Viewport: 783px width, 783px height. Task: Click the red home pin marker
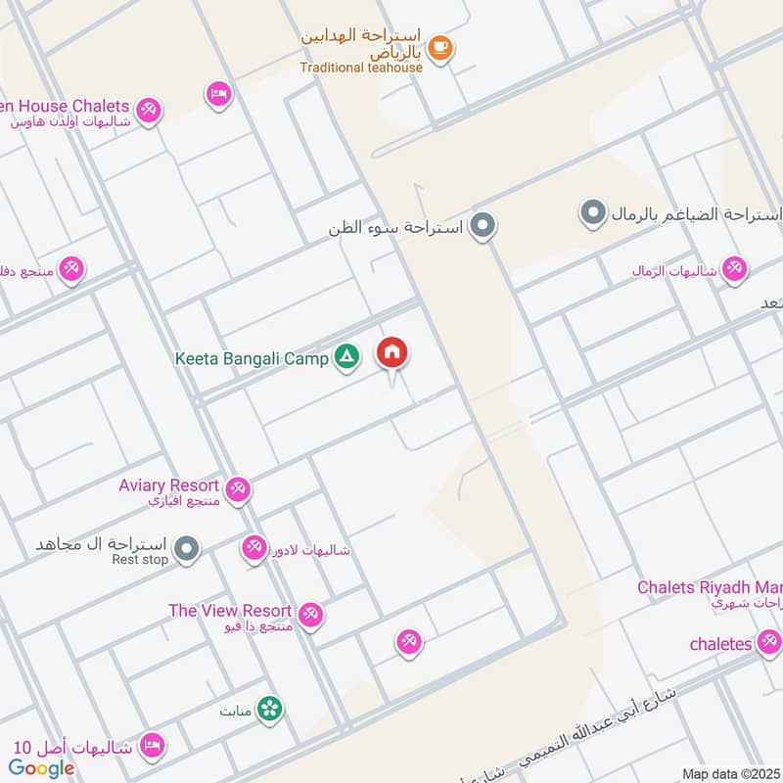[392, 353]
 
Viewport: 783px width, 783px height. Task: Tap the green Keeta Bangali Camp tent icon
[345, 357]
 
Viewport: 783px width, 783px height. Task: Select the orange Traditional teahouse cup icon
[440, 47]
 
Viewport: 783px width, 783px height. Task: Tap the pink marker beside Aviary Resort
[238, 488]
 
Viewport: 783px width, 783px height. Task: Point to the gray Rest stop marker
[187, 549]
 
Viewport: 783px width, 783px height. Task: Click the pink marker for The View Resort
[311, 614]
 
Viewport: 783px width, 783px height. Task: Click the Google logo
[42, 768]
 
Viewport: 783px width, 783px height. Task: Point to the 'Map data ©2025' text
[729, 773]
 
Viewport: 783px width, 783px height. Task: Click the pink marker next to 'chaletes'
[768, 642]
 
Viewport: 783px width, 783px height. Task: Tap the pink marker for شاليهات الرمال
[734, 268]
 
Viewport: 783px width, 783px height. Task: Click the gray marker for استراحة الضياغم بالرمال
[591, 212]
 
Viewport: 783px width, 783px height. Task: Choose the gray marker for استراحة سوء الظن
[481, 227]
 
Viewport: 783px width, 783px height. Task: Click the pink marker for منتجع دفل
[70, 267]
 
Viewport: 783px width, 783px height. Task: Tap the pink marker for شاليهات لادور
[254, 548]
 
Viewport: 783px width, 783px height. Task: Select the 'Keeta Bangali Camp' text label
[252, 358]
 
